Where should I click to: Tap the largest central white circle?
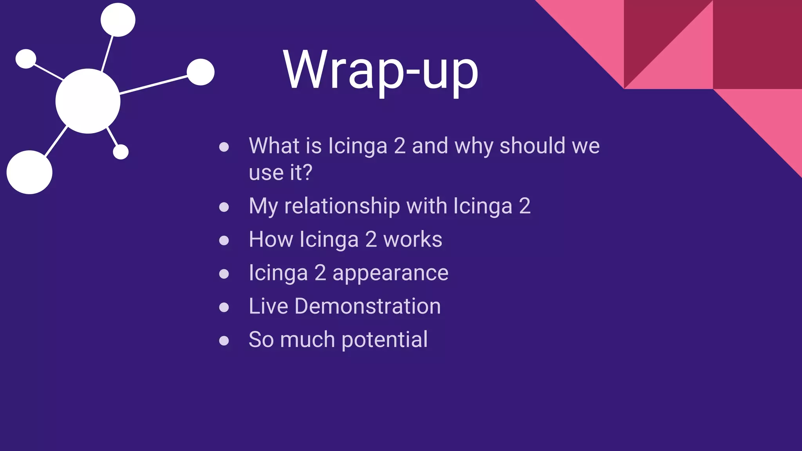[x=88, y=101]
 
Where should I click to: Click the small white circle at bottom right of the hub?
[x=121, y=152]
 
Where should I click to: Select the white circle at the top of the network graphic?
[x=118, y=20]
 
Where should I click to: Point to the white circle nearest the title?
[x=200, y=72]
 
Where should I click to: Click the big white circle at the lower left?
[x=29, y=172]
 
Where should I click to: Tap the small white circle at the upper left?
[x=26, y=59]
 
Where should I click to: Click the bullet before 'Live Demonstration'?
[x=224, y=307]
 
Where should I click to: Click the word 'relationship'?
[x=342, y=206]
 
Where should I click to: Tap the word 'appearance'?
[x=390, y=273]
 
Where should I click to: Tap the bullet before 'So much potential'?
[x=224, y=340]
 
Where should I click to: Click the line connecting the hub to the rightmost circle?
[x=154, y=85]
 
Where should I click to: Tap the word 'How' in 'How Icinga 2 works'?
[x=271, y=240]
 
